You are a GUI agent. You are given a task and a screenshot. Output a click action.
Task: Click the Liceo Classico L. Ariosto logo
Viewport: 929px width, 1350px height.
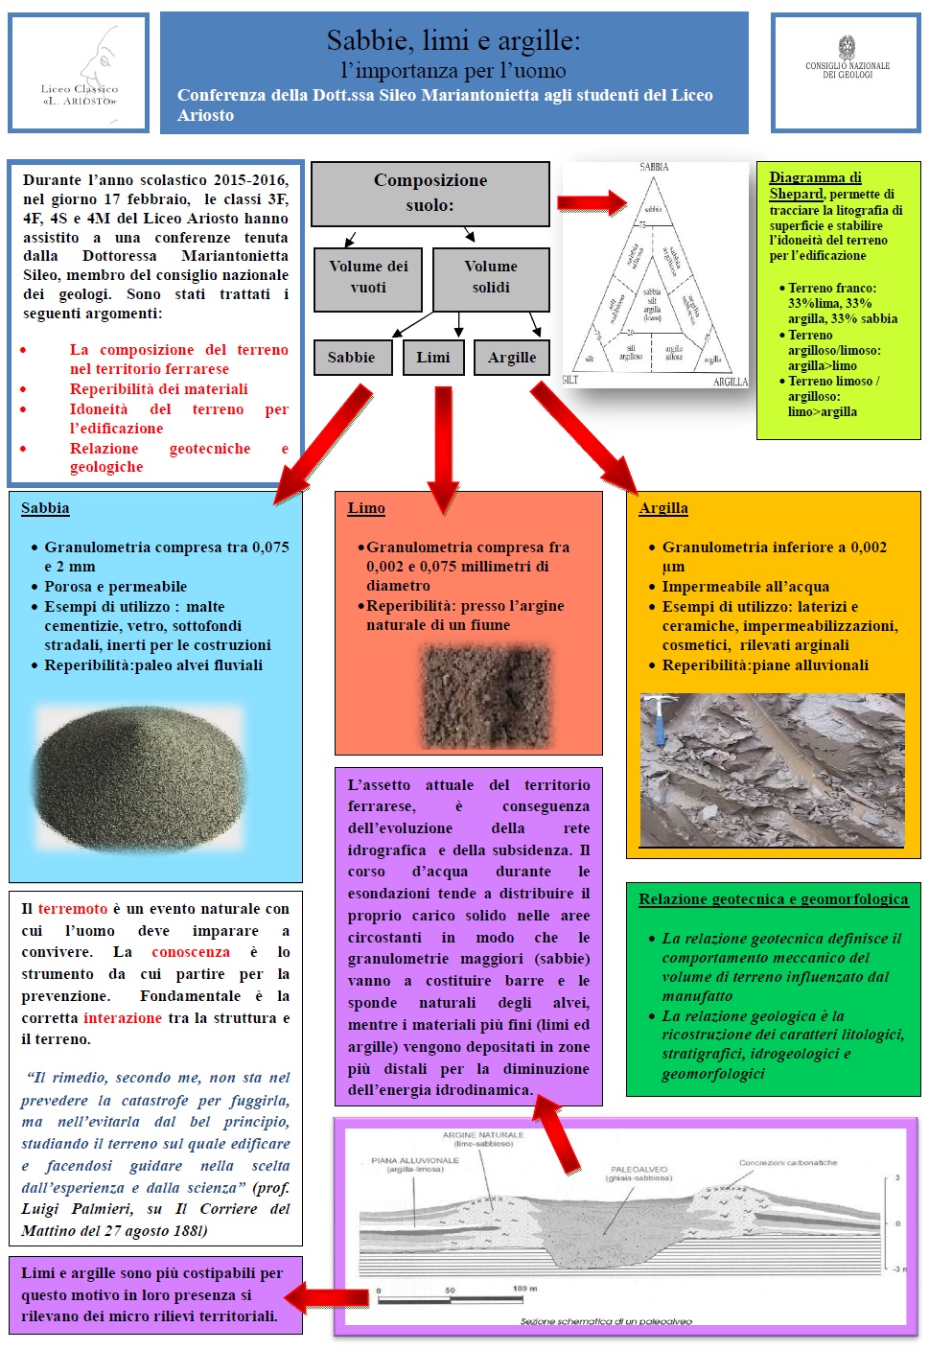point(80,73)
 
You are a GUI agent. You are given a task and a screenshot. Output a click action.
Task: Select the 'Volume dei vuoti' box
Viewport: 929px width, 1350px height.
point(368,277)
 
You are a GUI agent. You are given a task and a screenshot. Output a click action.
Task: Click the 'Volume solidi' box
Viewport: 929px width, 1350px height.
point(491,277)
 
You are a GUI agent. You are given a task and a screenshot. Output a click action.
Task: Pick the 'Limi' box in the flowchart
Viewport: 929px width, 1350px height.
point(433,357)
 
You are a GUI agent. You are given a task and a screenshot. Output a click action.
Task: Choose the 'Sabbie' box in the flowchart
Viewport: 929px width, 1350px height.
point(351,357)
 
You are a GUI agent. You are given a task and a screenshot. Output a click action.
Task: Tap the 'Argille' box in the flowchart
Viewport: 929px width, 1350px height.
point(512,357)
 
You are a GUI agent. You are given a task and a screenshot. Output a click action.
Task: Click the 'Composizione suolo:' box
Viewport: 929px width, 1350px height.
point(430,193)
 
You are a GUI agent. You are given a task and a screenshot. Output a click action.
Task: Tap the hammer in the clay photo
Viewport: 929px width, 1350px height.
point(659,718)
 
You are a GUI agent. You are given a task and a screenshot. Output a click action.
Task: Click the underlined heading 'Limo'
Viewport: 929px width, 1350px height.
point(366,508)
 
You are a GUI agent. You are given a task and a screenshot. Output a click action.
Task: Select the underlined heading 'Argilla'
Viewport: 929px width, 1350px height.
point(663,508)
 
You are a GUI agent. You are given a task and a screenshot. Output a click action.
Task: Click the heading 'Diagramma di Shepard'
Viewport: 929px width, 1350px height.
point(814,185)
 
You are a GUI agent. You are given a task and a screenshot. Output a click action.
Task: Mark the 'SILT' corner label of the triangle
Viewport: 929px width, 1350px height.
point(570,380)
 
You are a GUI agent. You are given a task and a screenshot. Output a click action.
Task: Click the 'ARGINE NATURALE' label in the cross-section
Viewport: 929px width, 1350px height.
point(483,1135)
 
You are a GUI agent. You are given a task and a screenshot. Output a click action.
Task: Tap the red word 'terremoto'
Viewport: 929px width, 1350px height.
point(73,908)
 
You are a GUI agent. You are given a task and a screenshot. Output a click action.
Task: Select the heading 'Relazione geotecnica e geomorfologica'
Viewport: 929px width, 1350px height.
point(773,899)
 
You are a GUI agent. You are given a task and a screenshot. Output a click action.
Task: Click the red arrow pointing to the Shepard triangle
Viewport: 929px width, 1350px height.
point(592,202)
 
